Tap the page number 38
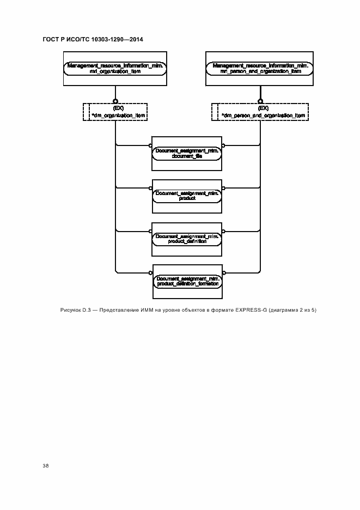46,466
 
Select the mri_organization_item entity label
115,71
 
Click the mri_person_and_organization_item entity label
260,71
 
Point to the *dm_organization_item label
119,116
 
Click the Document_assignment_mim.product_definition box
187,239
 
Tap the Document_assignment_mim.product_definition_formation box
187,281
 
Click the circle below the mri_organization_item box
115,100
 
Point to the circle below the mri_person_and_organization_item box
260,100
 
